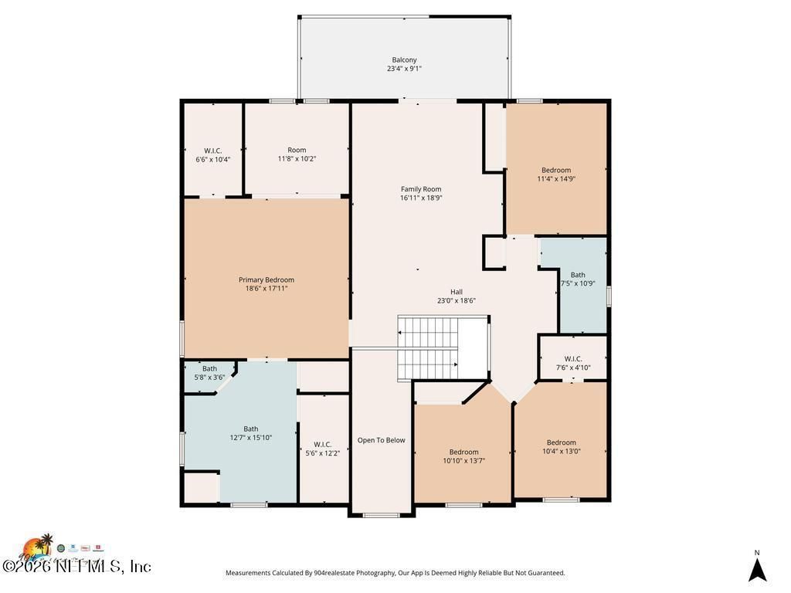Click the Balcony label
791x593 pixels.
coord(404,59)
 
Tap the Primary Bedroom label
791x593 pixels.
coord(266,280)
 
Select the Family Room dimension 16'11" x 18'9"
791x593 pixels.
coord(421,198)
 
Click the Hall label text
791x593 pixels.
coord(457,292)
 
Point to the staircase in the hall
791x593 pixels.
coord(429,347)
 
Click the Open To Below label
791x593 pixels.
coord(381,440)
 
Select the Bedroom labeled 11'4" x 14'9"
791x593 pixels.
coord(556,174)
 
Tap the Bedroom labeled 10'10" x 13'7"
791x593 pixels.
coord(463,456)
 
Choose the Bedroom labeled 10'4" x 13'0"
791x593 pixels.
coord(562,446)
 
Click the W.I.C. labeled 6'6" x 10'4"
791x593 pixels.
coord(213,154)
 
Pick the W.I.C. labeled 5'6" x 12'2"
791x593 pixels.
coord(323,449)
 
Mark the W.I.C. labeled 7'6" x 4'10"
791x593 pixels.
coord(573,363)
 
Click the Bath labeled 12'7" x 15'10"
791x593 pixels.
coord(251,433)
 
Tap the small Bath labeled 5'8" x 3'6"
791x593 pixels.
coord(209,373)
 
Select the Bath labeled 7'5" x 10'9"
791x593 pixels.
coord(578,279)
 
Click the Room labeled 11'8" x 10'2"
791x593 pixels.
coord(297,154)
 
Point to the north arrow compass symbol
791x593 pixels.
coord(757,570)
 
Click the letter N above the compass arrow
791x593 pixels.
coord(757,552)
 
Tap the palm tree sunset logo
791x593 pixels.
coord(36,547)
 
